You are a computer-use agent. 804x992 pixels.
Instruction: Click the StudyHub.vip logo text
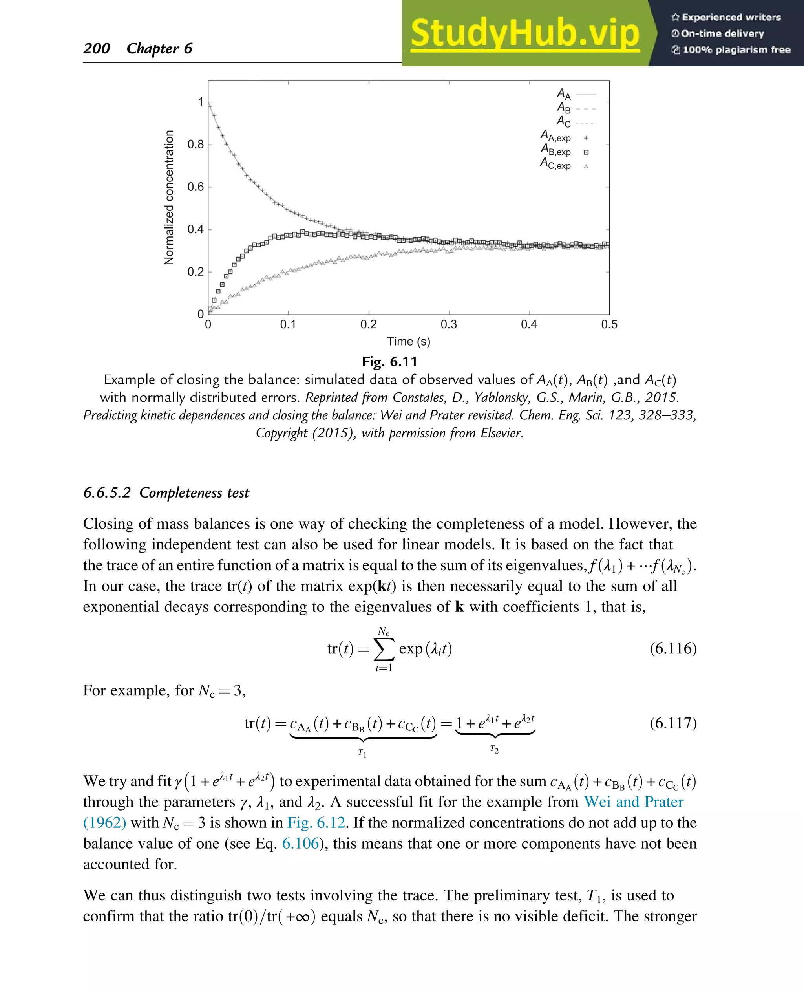(525, 33)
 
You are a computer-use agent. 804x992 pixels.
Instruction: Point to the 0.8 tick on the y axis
(196, 145)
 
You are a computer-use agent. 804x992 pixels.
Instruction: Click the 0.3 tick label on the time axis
(448, 324)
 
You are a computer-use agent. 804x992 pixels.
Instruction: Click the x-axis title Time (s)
(409, 342)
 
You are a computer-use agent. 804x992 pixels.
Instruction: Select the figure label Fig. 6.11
(389, 361)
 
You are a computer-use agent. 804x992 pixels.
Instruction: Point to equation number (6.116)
(672, 648)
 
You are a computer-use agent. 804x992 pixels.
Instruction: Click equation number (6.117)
(672, 723)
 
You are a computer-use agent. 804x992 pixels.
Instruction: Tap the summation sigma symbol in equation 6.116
(384, 649)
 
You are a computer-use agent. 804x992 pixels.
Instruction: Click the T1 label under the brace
(362, 753)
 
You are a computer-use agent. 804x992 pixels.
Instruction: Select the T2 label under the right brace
(494, 749)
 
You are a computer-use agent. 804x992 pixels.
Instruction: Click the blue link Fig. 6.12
(316, 822)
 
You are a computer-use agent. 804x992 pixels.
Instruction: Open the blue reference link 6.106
(300, 843)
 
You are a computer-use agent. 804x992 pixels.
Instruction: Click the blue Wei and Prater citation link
(633, 802)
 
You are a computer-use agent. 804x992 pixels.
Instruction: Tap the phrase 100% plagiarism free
(736, 49)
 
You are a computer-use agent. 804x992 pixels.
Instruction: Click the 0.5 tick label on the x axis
(608, 324)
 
